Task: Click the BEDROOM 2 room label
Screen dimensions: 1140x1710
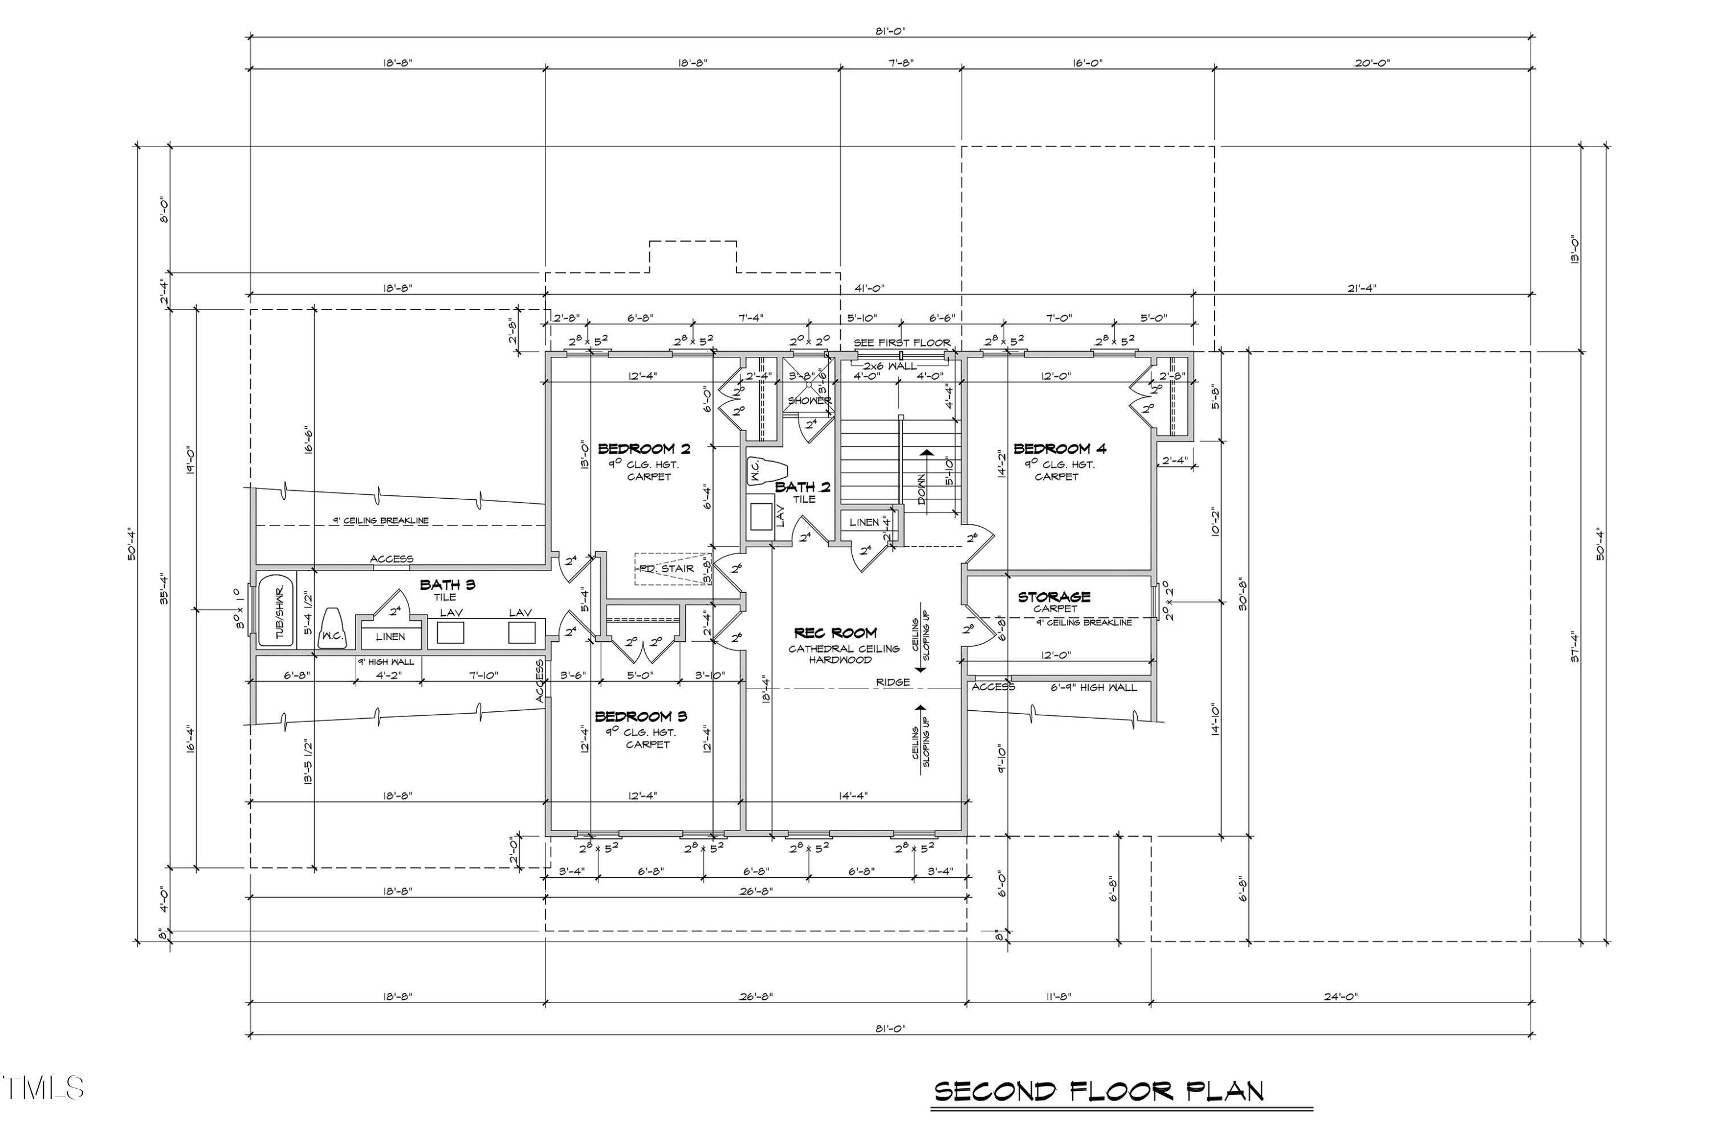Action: pos(644,449)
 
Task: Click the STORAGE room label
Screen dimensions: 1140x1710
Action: pos(1053,596)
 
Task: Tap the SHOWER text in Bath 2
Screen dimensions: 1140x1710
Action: pos(809,401)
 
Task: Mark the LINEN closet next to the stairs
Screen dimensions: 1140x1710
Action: pos(864,522)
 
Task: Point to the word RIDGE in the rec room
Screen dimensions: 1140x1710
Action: pos(893,682)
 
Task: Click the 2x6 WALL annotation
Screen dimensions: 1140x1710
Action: pos(890,367)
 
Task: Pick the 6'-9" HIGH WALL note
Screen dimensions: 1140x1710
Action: pos(1093,687)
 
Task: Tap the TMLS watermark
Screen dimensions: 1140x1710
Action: pos(44,1088)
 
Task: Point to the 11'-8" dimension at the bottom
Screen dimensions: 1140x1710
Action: pos(1058,997)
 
